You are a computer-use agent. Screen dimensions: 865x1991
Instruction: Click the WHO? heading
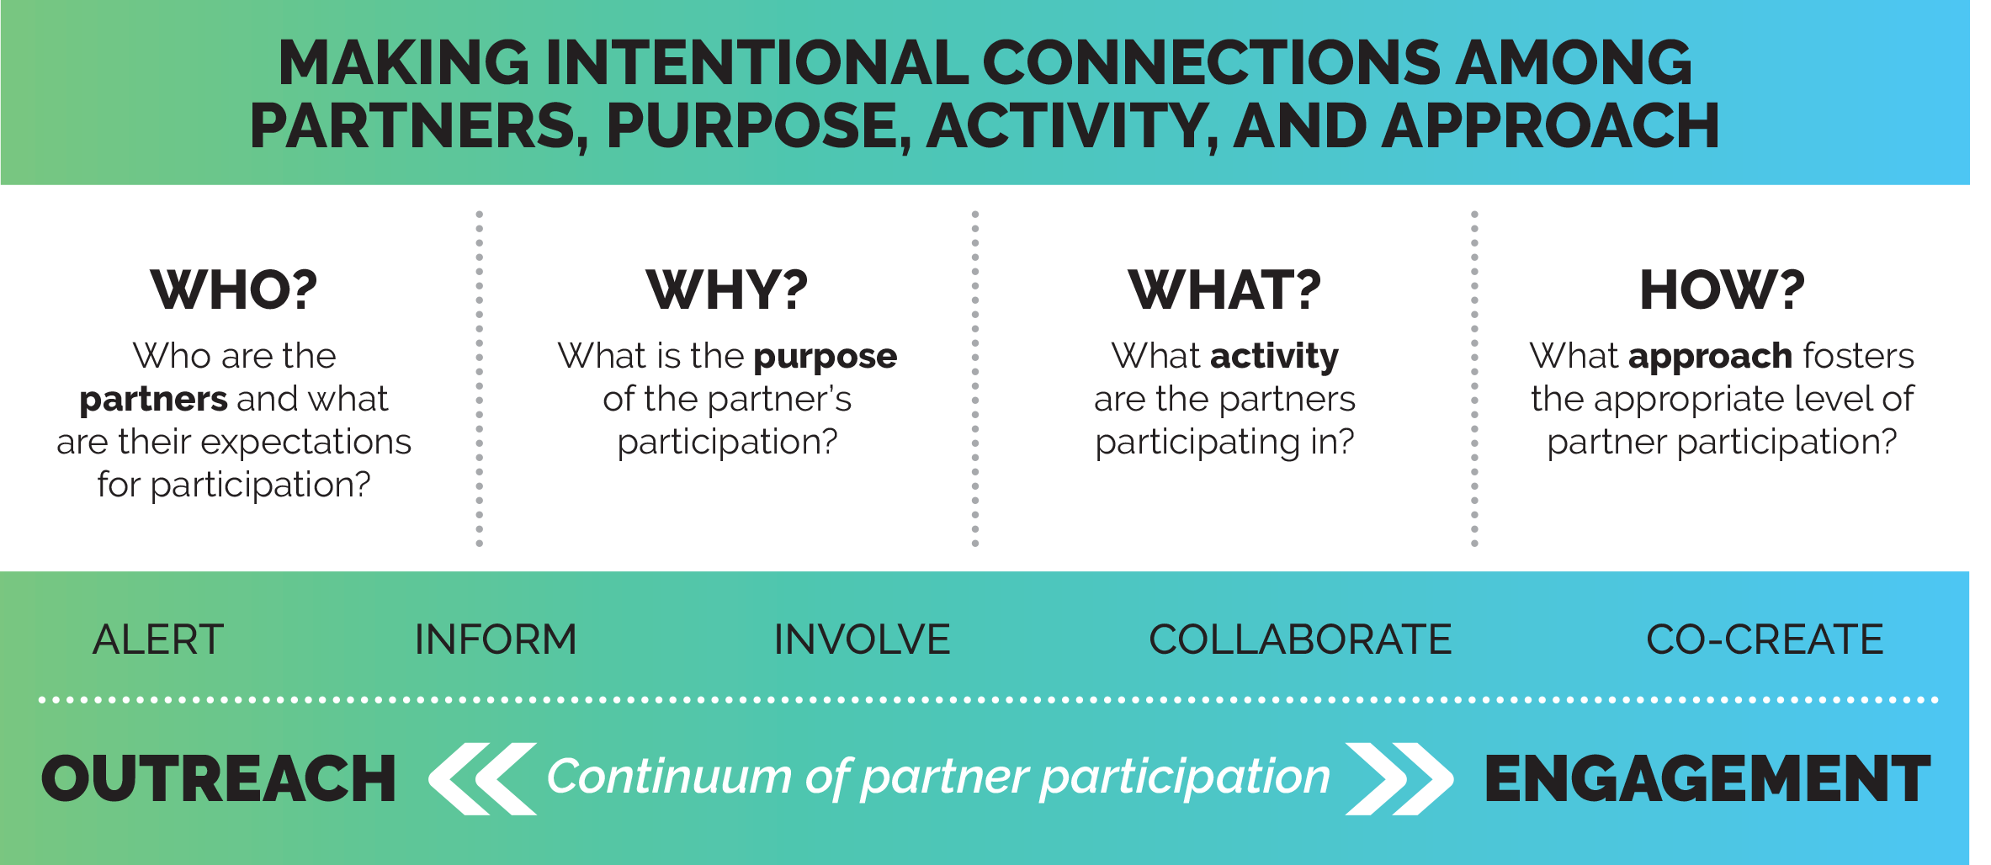(234, 289)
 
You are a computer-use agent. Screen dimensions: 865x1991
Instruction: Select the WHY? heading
(727, 289)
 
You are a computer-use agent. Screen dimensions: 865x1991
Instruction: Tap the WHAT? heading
(1224, 289)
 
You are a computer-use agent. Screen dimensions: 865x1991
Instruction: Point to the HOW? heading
(1723, 289)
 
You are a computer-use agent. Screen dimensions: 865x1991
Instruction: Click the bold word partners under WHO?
(154, 399)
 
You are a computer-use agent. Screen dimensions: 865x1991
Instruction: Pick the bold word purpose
(826, 357)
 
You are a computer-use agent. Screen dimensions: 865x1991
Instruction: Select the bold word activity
(1274, 357)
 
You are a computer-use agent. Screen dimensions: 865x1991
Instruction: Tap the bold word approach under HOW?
(1710, 357)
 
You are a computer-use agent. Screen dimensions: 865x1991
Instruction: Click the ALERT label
(158, 639)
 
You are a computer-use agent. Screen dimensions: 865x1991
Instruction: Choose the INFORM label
(496, 639)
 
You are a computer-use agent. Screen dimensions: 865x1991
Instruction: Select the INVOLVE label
(862, 639)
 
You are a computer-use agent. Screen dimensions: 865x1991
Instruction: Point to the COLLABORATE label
(1300, 639)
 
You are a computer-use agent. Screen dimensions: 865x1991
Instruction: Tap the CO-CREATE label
(1765, 639)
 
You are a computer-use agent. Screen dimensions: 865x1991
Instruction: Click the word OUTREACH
(219, 778)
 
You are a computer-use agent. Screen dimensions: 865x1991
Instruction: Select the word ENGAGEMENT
(1707, 778)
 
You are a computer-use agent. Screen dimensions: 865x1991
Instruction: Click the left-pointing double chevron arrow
(482, 778)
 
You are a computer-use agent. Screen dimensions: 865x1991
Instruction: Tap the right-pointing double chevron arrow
(1399, 778)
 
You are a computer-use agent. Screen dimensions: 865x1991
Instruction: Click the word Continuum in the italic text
(669, 776)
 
